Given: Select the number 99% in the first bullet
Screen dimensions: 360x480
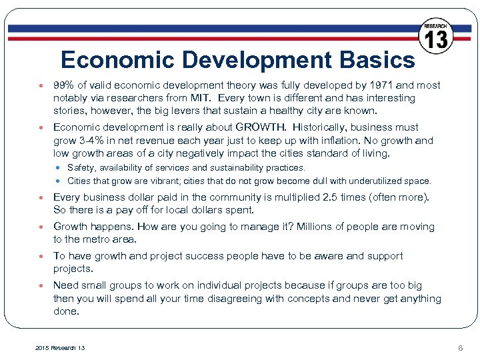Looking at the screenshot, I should click(65, 85).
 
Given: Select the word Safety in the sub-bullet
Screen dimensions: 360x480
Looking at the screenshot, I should click(81, 168).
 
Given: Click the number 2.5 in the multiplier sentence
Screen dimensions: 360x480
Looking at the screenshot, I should click(329, 197).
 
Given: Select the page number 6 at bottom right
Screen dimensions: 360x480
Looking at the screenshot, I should click(460, 348).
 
